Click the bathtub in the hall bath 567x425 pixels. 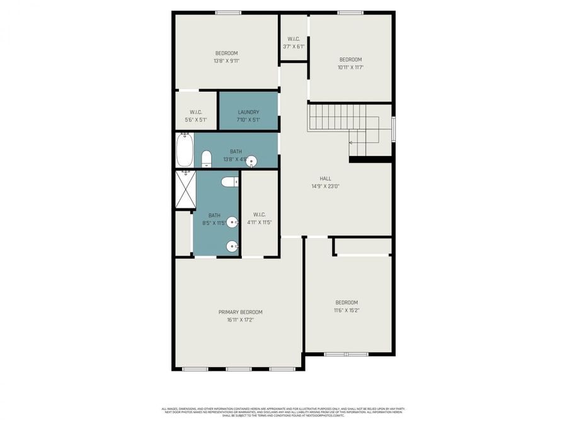(x=185, y=150)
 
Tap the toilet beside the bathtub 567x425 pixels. (x=206, y=160)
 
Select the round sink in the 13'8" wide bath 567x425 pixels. (x=251, y=161)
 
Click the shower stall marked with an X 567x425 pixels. (x=185, y=189)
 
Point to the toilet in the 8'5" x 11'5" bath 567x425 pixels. (x=230, y=182)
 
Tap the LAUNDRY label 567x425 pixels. (x=248, y=112)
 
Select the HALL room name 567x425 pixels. (x=325, y=178)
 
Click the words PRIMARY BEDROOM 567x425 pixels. (x=240, y=312)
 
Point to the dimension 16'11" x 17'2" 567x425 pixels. (x=240, y=320)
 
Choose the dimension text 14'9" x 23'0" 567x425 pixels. (x=325, y=186)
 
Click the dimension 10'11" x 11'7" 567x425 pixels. (x=350, y=67)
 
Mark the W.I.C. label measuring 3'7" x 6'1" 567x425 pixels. (x=294, y=38)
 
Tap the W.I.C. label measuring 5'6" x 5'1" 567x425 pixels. (x=195, y=112)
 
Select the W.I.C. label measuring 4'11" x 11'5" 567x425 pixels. (x=259, y=214)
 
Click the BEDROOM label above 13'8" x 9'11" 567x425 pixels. (x=226, y=53)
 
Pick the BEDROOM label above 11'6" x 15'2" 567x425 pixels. (x=346, y=302)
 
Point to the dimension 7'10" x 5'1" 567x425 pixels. (x=248, y=120)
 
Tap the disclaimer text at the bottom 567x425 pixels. (x=283, y=412)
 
